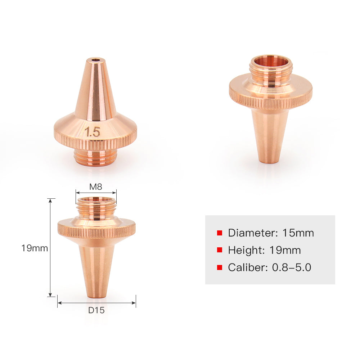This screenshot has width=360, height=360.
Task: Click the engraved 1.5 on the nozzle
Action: tap(93, 132)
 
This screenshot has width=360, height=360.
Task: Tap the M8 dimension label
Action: tap(96, 187)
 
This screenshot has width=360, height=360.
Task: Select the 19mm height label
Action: tap(35, 248)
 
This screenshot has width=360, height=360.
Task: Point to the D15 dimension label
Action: tap(96, 310)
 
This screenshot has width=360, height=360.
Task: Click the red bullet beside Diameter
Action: tap(220, 233)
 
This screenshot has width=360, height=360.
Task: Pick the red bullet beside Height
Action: tap(220, 250)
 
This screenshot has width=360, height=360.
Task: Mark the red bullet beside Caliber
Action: tap(220, 267)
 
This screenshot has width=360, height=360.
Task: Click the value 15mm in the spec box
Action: tap(298, 233)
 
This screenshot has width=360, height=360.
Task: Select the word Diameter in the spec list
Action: tap(251, 233)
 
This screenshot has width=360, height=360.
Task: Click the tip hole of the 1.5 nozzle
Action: tap(95, 60)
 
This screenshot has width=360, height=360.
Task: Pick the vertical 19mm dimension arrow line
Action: tap(50, 270)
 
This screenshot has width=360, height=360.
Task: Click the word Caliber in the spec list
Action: tap(243, 267)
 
